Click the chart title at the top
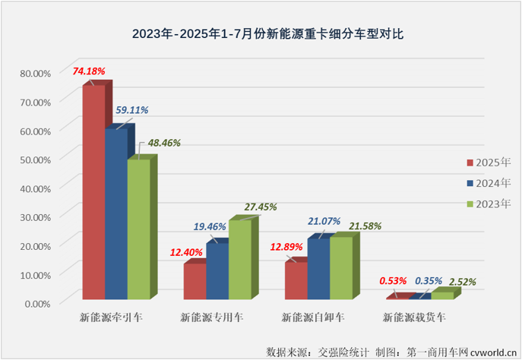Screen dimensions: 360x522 click(x=261, y=34)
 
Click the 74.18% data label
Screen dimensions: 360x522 click(x=89, y=71)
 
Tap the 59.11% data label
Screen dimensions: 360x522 click(x=131, y=110)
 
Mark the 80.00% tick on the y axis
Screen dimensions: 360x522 click(x=34, y=73)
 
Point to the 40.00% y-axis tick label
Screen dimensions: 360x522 click(x=34, y=188)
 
